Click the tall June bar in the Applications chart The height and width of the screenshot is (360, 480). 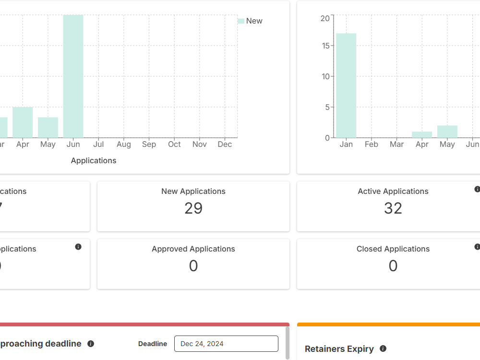tap(73, 76)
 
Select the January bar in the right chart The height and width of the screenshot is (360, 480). tap(346, 85)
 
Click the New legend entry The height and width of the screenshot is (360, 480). tap(250, 21)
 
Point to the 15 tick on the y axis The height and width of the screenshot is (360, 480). tap(326, 46)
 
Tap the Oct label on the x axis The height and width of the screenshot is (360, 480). tap(175, 144)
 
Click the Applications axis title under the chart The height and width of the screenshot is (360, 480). tap(94, 161)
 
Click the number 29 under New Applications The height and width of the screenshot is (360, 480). tap(193, 208)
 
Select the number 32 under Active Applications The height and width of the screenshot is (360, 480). tap(393, 208)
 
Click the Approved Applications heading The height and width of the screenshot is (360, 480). tap(193, 249)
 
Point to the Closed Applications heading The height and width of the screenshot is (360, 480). tap(393, 249)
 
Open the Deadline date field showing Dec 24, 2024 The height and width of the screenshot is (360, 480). tap(226, 344)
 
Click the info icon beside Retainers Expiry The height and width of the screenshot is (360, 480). tap(383, 348)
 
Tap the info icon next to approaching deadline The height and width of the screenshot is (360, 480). tap(91, 344)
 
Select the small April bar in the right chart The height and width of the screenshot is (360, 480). tap(422, 135)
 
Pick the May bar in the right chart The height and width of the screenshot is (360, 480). tap(447, 132)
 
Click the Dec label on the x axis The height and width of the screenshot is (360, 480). tap(225, 144)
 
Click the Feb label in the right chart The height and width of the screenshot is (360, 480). tap(372, 144)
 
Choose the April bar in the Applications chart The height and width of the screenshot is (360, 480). tap(23, 122)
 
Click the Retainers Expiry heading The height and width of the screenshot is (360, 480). tap(339, 348)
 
